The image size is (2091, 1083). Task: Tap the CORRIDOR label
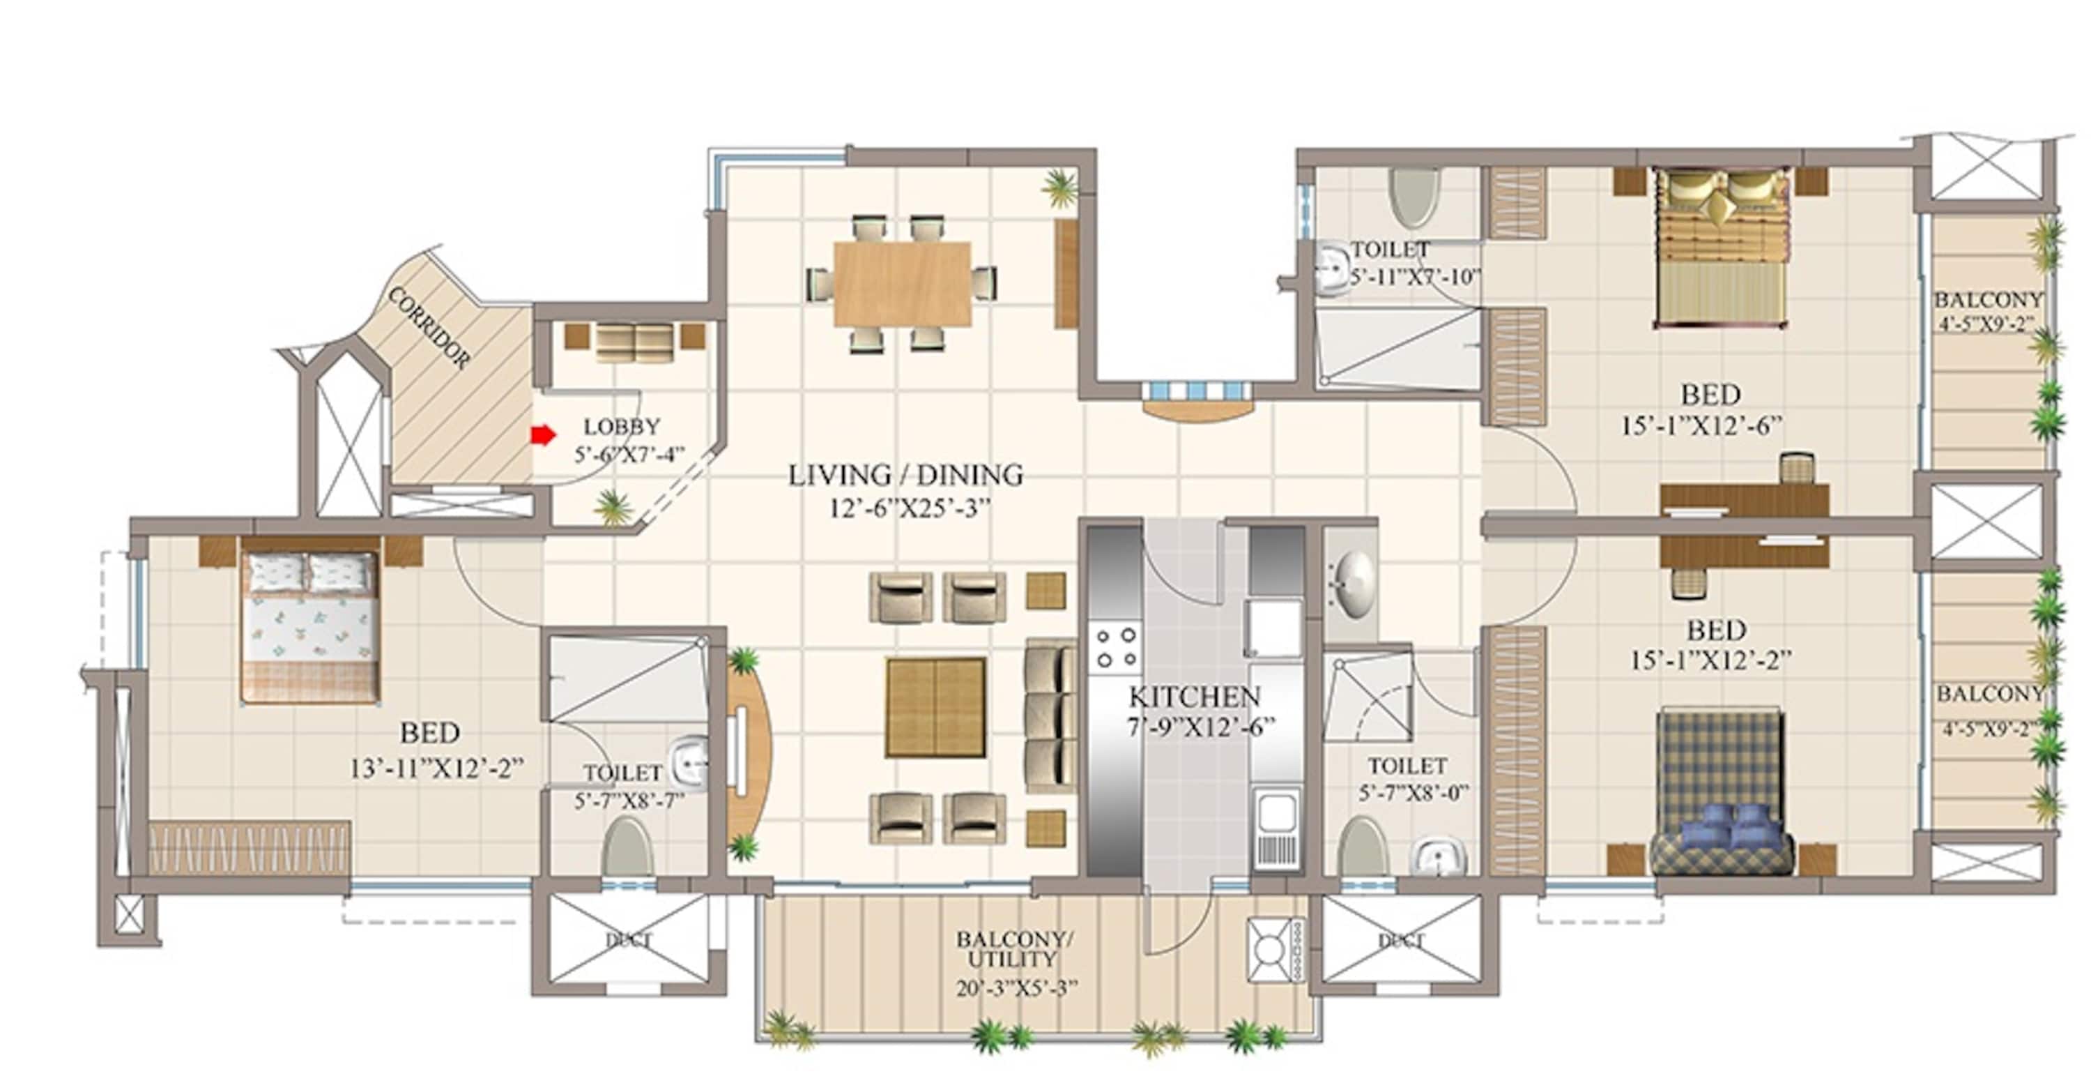click(x=429, y=328)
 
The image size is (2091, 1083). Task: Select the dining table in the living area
click(x=902, y=283)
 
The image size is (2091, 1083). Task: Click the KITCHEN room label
click(x=1194, y=697)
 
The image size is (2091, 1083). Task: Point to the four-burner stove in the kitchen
click(x=1115, y=648)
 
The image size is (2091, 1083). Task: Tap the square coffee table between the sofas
click(x=935, y=707)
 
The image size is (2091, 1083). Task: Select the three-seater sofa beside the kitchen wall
click(x=1050, y=716)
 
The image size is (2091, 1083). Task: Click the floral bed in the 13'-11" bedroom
click(x=309, y=626)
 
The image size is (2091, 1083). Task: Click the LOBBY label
click(x=622, y=426)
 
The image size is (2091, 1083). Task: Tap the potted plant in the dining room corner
click(x=1061, y=188)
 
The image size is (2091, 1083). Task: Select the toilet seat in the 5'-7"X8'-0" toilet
click(x=1363, y=847)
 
